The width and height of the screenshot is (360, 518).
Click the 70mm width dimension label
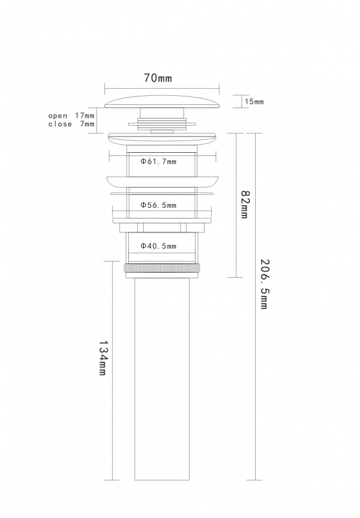158,78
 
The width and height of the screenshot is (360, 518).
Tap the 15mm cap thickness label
254,102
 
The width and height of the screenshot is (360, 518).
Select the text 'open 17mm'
71,116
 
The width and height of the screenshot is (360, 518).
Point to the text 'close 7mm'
71,124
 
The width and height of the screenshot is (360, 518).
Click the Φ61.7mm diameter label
158,161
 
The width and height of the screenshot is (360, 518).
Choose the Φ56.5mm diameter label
158,205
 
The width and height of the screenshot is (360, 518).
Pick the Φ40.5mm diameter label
158,246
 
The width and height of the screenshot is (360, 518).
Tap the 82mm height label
245,204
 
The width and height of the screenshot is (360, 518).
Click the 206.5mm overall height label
264,284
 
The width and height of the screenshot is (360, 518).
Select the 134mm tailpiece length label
103,357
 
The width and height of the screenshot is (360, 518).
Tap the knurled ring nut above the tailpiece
162,268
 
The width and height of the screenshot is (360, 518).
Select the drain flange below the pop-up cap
162,139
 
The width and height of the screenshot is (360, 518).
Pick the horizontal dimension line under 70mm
162,88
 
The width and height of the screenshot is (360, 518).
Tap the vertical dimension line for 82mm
236,205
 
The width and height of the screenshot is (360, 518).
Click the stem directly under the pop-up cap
162,112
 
